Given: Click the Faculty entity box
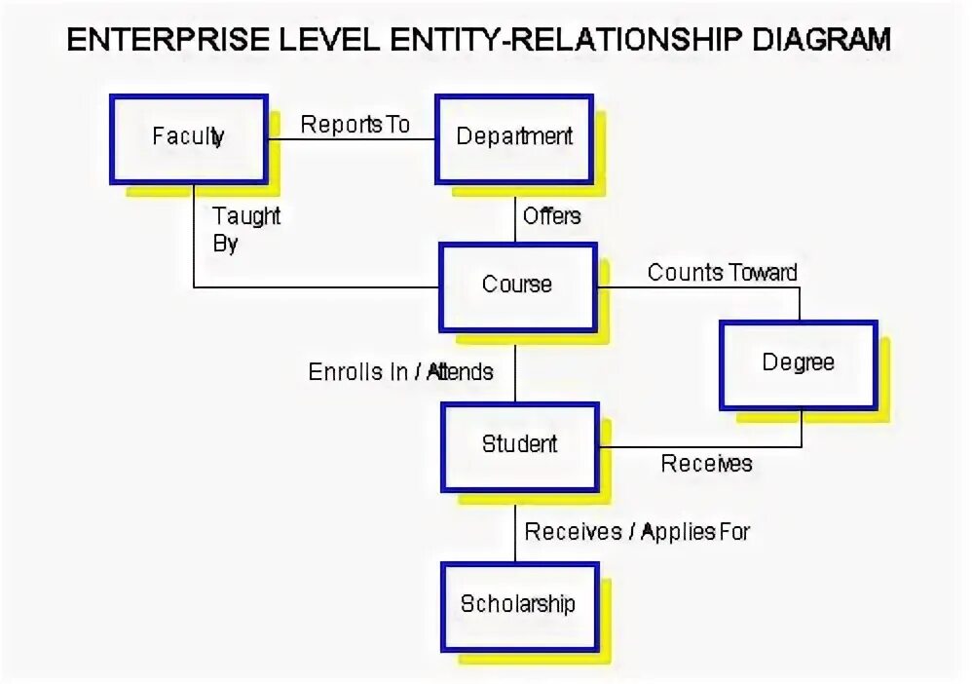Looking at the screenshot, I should point(188,138).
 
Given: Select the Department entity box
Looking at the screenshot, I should point(513,138).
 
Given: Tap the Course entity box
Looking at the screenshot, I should point(517,285).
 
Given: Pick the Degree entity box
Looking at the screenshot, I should point(798,363).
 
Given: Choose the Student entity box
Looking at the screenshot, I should point(519,445).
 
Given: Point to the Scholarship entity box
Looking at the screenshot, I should point(517,604).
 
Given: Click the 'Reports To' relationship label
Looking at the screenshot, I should point(355,125).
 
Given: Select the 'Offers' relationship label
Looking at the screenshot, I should point(551,215).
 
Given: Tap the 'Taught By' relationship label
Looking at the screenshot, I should point(245,229).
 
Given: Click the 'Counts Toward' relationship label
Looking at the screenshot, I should point(722,272).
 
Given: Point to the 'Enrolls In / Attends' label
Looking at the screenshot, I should point(400,371).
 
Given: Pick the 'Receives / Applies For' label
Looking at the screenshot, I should point(637,531).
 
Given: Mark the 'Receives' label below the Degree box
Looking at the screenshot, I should point(706,464).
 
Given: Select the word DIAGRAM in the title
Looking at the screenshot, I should point(813,39).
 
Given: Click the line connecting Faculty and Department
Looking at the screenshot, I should point(351,139).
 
